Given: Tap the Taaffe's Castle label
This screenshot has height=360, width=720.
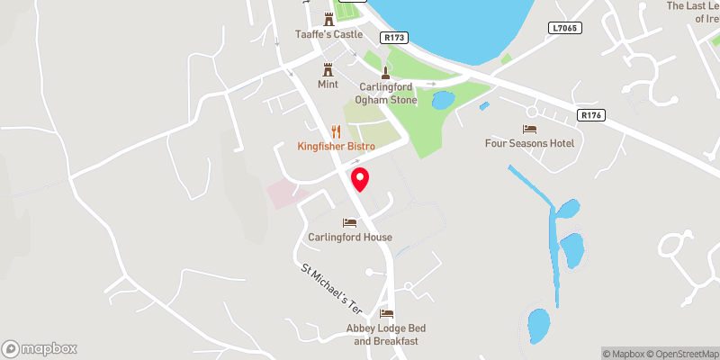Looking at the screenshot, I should click(x=328, y=34).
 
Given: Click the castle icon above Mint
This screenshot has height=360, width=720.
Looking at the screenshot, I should click(x=328, y=68).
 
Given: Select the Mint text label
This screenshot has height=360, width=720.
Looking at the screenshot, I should click(x=328, y=84).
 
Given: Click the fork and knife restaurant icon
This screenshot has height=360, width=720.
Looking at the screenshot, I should click(x=335, y=130).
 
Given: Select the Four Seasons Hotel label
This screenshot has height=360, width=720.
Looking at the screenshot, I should click(x=529, y=143).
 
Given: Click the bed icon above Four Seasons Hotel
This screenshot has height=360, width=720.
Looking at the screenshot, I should click(x=529, y=129).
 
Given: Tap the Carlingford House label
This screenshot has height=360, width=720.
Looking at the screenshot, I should click(x=350, y=237).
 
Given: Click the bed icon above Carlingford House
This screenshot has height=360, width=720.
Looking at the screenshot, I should click(x=350, y=222).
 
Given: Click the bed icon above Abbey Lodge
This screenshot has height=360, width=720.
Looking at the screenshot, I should click(x=387, y=313).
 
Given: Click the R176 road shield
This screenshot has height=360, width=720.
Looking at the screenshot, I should click(x=590, y=115).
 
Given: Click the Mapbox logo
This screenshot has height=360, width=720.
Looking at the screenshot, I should click(x=40, y=348).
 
